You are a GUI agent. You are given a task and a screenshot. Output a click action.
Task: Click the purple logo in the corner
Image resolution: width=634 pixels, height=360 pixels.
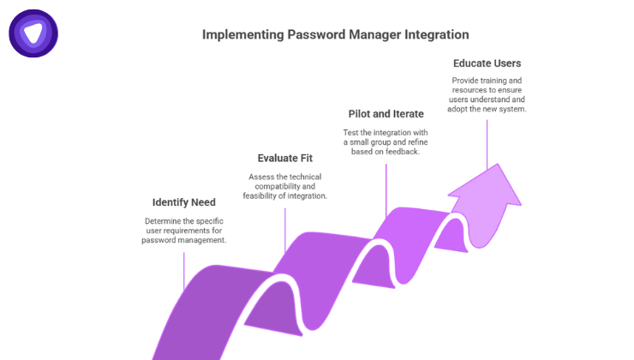tap(33, 33)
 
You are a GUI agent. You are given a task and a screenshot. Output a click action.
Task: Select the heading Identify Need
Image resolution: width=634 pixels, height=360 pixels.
tap(184, 202)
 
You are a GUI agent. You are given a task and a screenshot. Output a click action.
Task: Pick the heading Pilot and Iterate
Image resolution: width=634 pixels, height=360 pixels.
tap(386, 114)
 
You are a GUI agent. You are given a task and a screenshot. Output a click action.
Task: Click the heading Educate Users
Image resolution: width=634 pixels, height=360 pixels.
tap(487, 63)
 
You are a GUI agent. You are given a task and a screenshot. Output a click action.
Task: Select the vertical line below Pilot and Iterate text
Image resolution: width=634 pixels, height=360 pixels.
tap(386, 184)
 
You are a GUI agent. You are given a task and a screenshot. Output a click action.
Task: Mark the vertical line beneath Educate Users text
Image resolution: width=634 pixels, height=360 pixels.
tap(487, 142)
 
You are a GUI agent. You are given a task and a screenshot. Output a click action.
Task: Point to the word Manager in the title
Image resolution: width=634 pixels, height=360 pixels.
tap(371, 35)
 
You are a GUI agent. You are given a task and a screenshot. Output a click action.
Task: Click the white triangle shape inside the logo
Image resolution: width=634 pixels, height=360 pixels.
tap(33, 33)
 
